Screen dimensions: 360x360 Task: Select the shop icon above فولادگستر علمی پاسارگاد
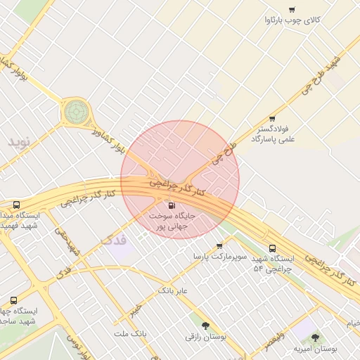(272, 118)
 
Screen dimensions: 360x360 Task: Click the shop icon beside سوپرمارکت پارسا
(219, 246)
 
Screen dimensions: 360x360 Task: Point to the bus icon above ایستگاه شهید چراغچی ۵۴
(272, 248)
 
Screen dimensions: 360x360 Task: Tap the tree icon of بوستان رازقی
(205, 326)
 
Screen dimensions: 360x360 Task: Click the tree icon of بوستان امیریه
(314, 337)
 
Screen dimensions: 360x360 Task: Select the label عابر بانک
(173, 290)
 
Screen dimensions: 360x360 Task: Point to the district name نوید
(20, 141)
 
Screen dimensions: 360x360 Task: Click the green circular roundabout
(76, 111)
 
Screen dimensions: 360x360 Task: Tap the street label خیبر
(134, 309)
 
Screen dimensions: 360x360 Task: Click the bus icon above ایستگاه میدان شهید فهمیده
(16, 205)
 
